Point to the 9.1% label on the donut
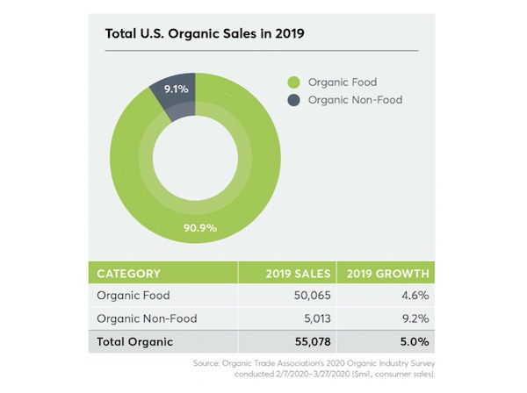pos(175,89)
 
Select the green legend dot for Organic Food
pos(294,82)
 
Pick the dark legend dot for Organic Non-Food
pos(294,100)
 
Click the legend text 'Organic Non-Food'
pos(355,100)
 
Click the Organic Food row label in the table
pos(133,296)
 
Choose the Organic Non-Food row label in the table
pos(147,318)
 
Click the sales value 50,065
pos(307,296)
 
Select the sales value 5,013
pos(310,318)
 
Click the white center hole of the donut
pos(195,158)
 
